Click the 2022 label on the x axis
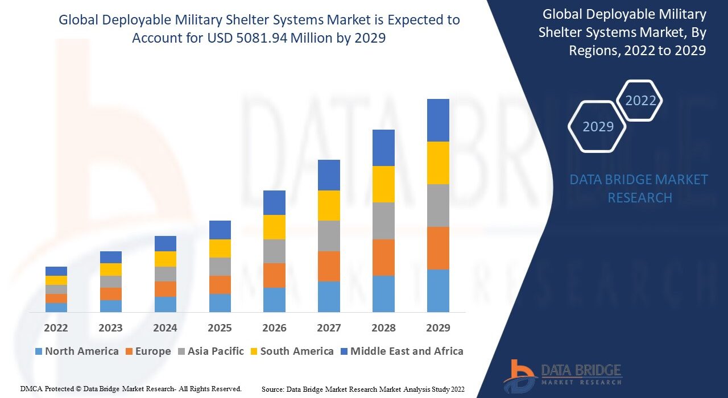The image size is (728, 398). tap(56, 328)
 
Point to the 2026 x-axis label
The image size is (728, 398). tap(274, 328)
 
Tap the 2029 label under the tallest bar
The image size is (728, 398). tap(438, 328)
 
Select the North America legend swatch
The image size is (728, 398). tap(38, 351)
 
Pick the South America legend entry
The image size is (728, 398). tap(291, 351)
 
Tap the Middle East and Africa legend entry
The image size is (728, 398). tap(401, 351)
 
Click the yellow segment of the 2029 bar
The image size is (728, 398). tap(438, 163)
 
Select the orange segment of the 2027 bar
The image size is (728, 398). tap(329, 266)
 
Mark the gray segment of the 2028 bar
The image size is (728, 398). tap(383, 221)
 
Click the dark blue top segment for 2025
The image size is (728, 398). tap(220, 230)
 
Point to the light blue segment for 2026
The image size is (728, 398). tap(274, 300)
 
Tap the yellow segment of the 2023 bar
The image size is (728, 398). tap(111, 270)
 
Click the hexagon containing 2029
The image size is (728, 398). tap(597, 126)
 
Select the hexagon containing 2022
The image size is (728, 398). tap(640, 101)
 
